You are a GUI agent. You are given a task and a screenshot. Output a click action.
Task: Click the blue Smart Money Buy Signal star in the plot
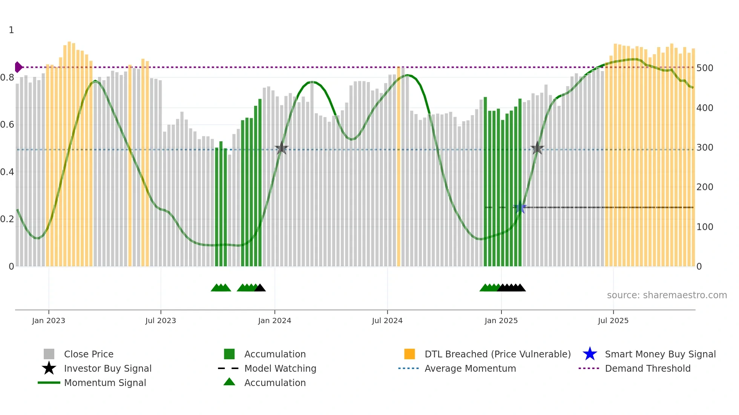click(520, 207)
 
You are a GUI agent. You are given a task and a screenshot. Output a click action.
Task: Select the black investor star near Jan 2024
click(281, 148)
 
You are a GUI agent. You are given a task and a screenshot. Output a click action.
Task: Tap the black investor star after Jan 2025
click(537, 148)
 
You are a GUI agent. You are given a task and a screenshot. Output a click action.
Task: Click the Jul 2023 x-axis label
click(161, 320)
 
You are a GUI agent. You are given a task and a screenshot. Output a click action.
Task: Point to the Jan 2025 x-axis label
click(501, 320)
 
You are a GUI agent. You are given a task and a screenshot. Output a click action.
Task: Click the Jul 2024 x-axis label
click(387, 320)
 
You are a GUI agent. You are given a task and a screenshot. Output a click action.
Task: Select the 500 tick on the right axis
click(705, 68)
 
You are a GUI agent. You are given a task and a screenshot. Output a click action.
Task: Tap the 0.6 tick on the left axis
click(8, 125)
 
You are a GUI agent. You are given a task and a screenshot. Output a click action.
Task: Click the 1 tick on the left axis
click(11, 30)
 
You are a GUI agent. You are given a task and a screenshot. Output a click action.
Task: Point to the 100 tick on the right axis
click(705, 227)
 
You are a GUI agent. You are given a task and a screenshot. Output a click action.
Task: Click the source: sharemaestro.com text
click(667, 295)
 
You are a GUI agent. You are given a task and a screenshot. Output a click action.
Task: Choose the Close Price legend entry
click(89, 354)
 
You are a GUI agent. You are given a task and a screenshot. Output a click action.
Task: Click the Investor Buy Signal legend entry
click(107, 368)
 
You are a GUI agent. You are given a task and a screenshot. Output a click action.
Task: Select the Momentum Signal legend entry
click(105, 383)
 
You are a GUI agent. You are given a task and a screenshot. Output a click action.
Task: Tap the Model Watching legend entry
click(280, 368)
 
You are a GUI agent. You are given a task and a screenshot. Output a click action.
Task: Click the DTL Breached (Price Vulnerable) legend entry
click(497, 354)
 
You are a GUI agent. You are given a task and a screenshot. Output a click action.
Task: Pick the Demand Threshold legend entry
click(647, 368)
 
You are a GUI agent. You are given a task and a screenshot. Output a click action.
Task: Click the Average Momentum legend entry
click(470, 368)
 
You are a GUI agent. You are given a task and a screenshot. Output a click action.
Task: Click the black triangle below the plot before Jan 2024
click(260, 288)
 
